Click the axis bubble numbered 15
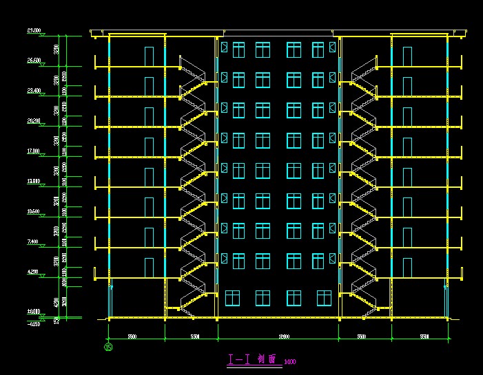tap(108, 347)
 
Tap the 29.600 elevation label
tap(33, 31)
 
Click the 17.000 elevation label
tap(33, 151)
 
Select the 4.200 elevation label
tap(33, 272)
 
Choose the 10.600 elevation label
tap(33, 211)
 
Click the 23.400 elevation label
tap(33, 91)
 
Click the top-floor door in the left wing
tap(149, 56)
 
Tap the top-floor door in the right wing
tap(407, 56)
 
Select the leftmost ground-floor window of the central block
tap(232, 297)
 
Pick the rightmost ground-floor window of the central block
tap(324, 297)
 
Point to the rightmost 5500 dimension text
tap(424, 336)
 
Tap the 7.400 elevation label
tap(33, 242)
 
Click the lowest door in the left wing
tap(149, 267)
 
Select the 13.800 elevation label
tap(33, 181)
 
